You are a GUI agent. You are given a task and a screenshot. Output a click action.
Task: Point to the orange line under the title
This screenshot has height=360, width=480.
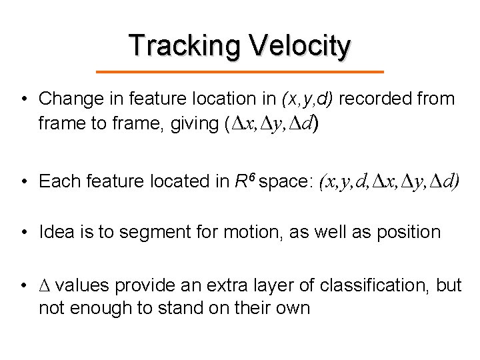(x=240, y=71)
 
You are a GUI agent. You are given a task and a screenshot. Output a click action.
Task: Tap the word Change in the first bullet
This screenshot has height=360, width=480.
(x=68, y=99)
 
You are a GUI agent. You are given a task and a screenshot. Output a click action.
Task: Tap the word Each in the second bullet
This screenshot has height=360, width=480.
(x=57, y=181)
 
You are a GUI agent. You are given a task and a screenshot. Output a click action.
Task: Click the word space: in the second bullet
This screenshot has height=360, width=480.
(x=285, y=181)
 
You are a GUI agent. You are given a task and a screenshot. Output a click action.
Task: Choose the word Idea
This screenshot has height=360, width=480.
(x=57, y=232)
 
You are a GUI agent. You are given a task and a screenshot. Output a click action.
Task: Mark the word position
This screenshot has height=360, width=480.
(x=407, y=232)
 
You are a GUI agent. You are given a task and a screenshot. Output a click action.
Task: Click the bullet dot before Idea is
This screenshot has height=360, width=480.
(x=23, y=232)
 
